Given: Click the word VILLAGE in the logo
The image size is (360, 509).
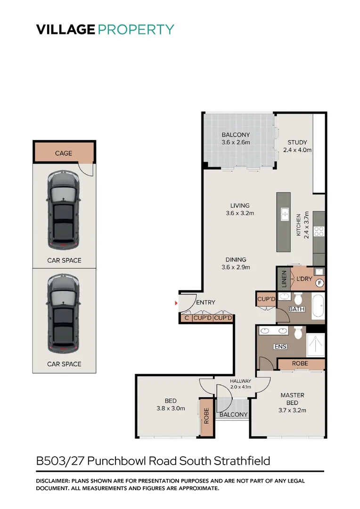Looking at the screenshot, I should [x=65, y=30].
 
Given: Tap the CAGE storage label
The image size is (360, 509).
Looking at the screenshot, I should [x=64, y=153].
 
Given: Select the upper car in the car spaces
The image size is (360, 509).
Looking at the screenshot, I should [x=64, y=210].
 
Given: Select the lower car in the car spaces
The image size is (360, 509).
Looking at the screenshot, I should [x=64, y=314].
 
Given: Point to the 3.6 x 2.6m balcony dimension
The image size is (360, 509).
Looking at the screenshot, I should [x=236, y=142].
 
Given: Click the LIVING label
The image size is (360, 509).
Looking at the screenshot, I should [x=240, y=205].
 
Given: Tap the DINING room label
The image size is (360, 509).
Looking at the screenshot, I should [x=235, y=260].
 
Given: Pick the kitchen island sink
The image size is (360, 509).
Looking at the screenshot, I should [x=284, y=215].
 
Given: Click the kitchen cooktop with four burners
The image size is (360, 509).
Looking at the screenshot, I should [x=319, y=231].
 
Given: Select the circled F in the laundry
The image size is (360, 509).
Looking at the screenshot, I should [x=319, y=283].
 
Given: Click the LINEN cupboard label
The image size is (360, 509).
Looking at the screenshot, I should [x=284, y=279].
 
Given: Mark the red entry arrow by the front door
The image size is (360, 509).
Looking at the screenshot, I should [x=176, y=303].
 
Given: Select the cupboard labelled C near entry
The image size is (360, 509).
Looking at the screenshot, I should [x=186, y=319].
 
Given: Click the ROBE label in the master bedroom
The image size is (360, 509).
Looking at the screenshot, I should [x=300, y=364].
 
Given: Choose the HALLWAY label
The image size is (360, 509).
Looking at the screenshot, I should [x=240, y=381].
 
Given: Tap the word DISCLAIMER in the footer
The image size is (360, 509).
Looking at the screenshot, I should [x=52, y=481].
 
